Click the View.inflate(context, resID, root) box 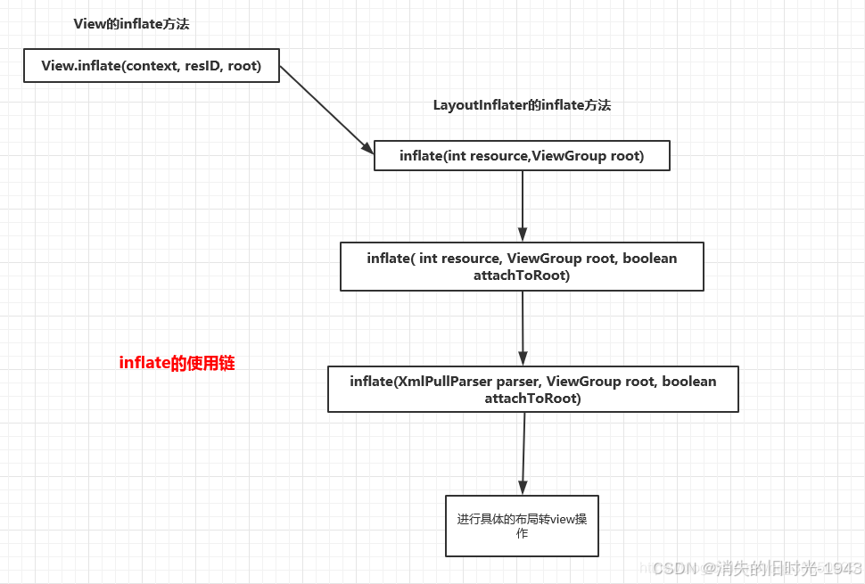click(151, 66)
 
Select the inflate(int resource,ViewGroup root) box click(521, 156)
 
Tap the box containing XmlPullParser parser click(532, 389)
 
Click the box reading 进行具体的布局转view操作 click(522, 526)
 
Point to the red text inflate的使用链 click(177, 363)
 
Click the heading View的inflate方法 click(131, 24)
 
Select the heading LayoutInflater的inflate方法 click(522, 105)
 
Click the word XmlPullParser click(437, 381)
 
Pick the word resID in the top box click(202, 66)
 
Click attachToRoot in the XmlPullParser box click(532, 399)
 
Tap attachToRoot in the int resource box click(522, 276)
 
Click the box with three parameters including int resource click(522, 267)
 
